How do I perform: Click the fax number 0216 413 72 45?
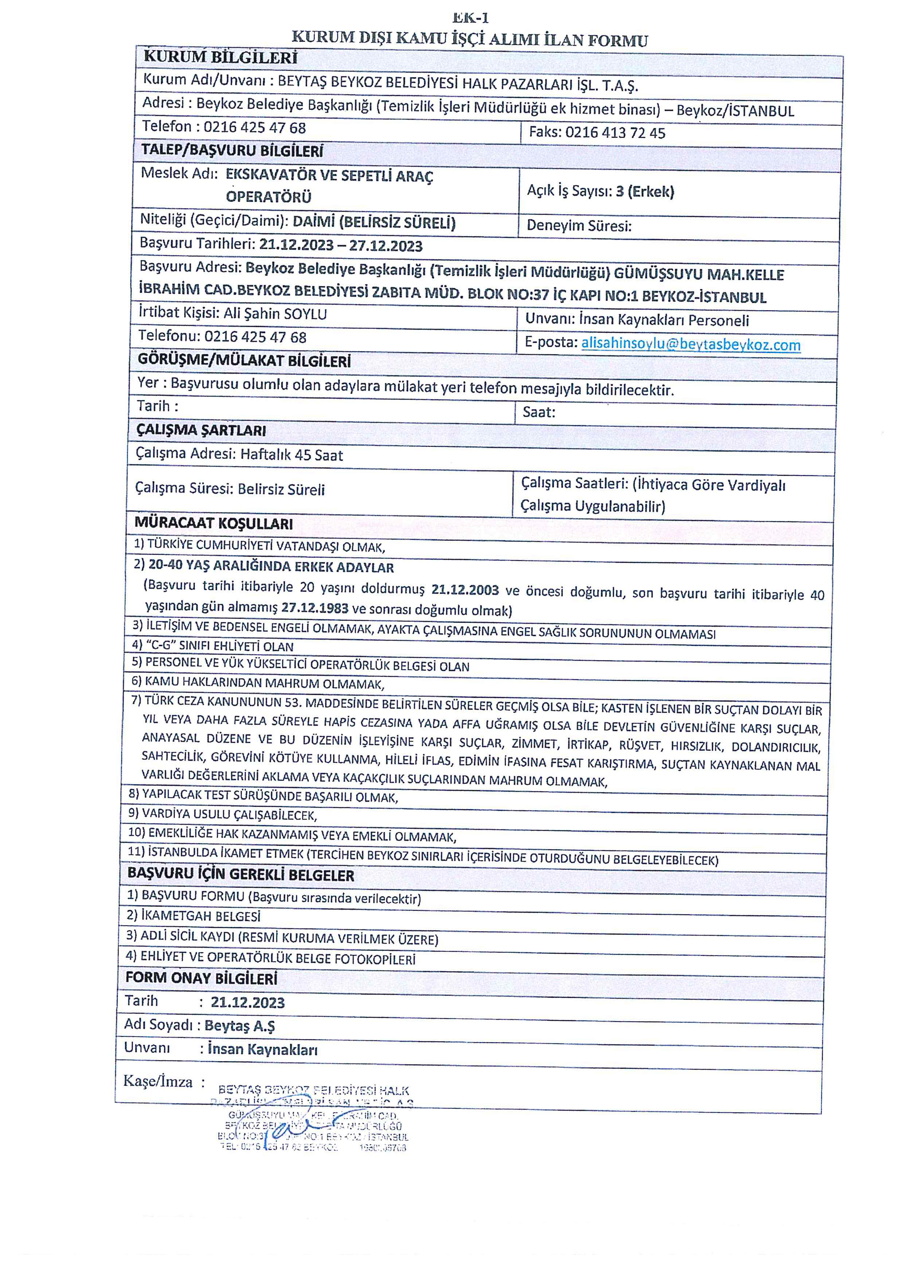(x=615, y=133)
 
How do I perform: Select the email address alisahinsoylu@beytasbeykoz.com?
(x=690, y=344)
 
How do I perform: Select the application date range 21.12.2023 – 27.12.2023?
(x=341, y=246)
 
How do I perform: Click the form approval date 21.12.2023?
(x=248, y=1003)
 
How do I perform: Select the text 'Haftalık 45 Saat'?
(x=292, y=455)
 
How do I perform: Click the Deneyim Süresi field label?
(x=579, y=226)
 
